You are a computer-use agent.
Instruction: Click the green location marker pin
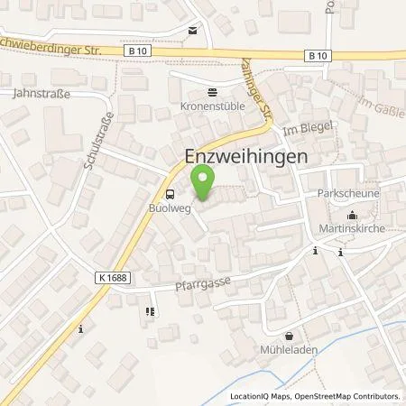click(203, 187)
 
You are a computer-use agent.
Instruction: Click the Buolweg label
click(168, 207)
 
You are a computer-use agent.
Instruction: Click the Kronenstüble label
click(212, 105)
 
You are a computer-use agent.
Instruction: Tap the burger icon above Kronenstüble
click(212, 91)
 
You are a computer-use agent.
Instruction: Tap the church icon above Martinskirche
click(351, 215)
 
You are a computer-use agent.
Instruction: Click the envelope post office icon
click(192, 31)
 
